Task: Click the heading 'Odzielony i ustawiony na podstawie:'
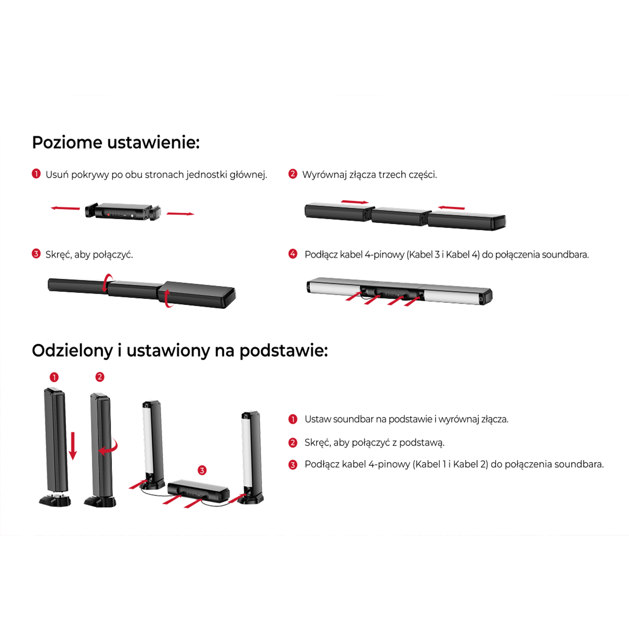[180, 351]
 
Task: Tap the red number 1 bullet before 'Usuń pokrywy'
[36, 174]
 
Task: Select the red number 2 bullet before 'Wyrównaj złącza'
[293, 174]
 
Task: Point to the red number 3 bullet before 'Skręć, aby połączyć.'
[36, 254]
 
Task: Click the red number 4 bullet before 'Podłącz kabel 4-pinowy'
[293, 254]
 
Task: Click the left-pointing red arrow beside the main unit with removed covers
[65, 208]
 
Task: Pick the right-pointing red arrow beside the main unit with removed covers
[181, 214]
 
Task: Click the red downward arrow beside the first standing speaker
[73, 446]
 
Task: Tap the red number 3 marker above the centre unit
[202, 470]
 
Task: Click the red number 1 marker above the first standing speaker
[54, 377]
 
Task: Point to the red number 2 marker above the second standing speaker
[100, 377]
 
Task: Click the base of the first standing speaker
[55, 499]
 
